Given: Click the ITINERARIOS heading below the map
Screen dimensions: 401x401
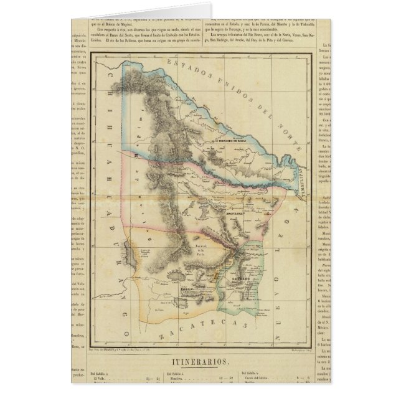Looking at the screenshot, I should coord(200,360).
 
